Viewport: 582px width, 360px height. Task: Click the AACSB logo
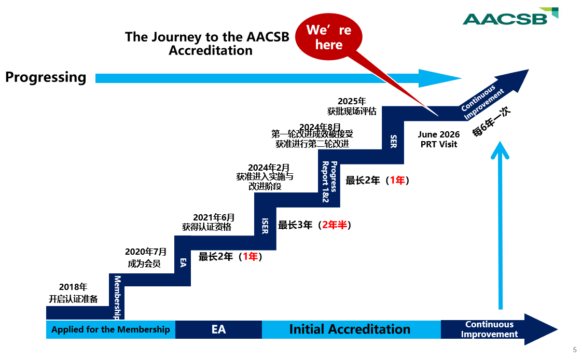point(510,17)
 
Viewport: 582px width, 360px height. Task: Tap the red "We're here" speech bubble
point(329,37)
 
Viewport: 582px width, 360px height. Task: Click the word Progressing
point(46,77)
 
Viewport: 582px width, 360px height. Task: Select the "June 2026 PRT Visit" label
point(439,139)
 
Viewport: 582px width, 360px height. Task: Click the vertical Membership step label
point(117,297)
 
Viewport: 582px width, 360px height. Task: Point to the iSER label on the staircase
point(265,226)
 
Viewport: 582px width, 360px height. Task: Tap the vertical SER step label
point(393,141)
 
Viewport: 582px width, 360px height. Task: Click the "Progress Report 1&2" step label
point(329,182)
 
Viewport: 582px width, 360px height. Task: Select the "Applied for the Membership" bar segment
point(110,329)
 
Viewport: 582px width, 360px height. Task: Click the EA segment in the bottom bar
point(218,329)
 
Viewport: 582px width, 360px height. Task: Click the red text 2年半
point(335,225)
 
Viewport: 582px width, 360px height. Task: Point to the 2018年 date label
point(73,287)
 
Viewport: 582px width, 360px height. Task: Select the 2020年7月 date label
point(146,252)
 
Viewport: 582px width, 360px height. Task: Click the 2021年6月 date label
point(214,217)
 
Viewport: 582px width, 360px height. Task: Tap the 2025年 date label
point(352,101)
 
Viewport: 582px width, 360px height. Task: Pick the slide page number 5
point(575,350)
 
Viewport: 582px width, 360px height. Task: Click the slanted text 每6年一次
point(491,122)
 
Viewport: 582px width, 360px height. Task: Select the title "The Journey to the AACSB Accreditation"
point(207,44)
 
